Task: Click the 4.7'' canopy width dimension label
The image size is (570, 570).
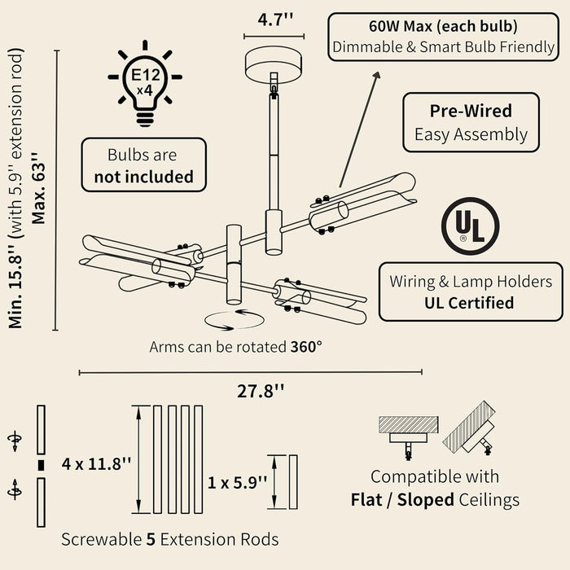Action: pos(275,20)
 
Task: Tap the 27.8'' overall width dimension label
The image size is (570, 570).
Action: pos(261,391)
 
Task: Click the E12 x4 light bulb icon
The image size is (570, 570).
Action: pos(145,83)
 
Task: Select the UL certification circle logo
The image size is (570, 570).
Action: pos(470,226)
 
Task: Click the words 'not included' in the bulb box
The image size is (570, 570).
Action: pos(143,177)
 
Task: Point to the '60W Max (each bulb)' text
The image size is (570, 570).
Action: pos(443,26)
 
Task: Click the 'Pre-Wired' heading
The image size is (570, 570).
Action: pos(471,111)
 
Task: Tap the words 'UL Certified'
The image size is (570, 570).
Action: pos(469,303)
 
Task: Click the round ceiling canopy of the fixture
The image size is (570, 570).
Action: pos(274,64)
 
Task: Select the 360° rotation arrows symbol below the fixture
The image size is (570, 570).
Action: pos(235,320)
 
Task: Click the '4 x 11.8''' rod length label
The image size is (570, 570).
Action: pos(96,464)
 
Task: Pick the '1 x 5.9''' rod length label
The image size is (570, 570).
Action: pos(237,482)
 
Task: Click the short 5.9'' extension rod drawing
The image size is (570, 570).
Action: pos(293,482)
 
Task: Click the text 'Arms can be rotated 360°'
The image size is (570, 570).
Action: pos(235,347)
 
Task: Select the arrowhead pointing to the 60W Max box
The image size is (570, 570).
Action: pos(376,75)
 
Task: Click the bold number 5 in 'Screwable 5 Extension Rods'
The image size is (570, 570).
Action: pos(151,539)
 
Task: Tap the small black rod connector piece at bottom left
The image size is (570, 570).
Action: pos(41,465)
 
